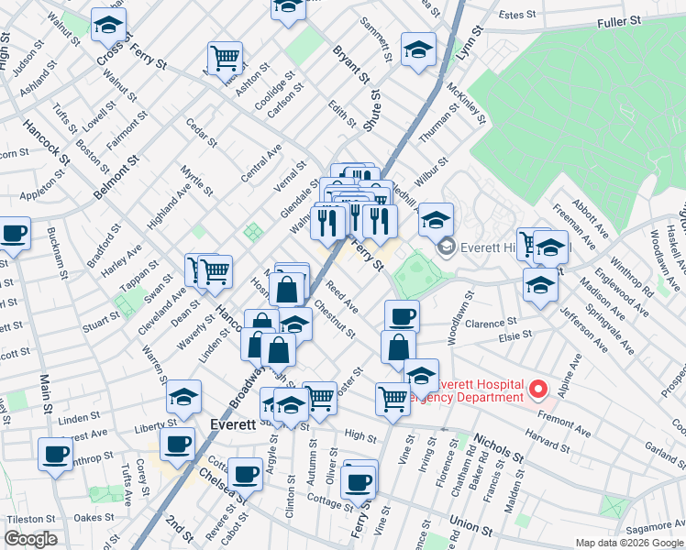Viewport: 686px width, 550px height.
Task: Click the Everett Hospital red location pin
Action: tap(538, 390)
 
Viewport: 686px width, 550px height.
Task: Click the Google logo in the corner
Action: tap(31, 539)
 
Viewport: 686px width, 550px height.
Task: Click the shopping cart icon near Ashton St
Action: tap(225, 58)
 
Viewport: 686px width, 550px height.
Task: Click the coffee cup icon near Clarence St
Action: tap(402, 316)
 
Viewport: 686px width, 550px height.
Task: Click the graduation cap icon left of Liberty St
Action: tap(183, 396)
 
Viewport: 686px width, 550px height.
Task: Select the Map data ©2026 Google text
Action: tap(629, 543)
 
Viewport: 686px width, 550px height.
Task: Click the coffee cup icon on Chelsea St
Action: tap(245, 474)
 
